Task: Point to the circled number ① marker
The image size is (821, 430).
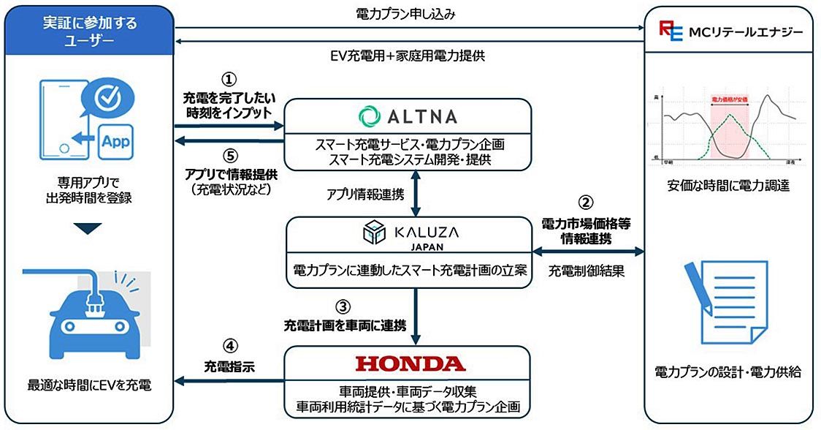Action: point(229,78)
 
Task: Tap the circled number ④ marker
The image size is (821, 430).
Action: point(227,345)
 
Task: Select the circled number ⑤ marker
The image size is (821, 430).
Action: point(229,156)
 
